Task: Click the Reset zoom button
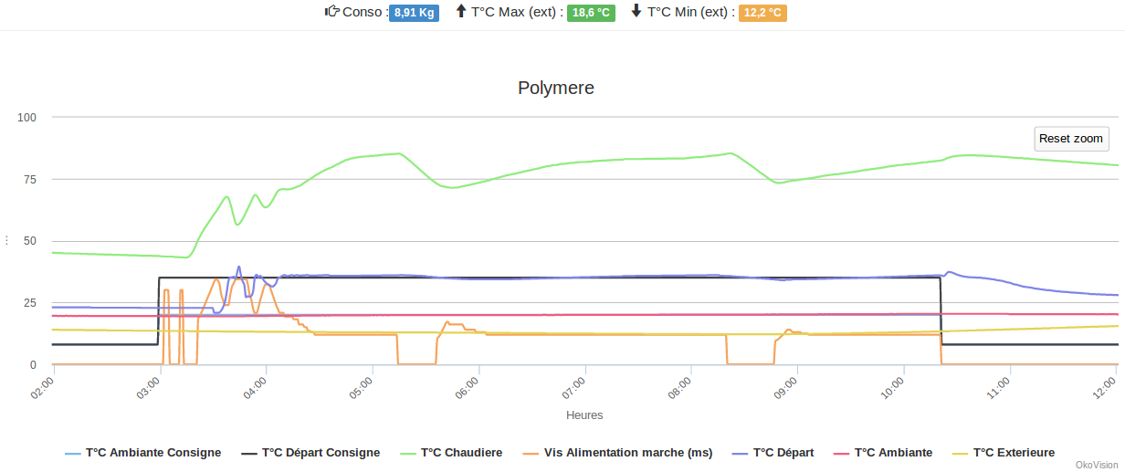click(1071, 139)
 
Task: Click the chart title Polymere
click(556, 88)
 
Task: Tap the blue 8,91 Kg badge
click(414, 13)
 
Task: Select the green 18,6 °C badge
click(591, 13)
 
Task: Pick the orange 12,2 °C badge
click(762, 13)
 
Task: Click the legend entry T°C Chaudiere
click(461, 453)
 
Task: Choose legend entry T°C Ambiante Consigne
click(152, 453)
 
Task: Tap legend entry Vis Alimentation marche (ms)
click(627, 453)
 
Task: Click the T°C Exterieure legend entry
click(1014, 453)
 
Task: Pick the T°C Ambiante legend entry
click(893, 453)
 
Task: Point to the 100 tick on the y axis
click(26, 117)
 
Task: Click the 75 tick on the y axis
click(29, 179)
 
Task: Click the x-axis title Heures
click(584, 415)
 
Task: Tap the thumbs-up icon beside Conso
click(332, 12)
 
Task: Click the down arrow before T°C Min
click(636, 12)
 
